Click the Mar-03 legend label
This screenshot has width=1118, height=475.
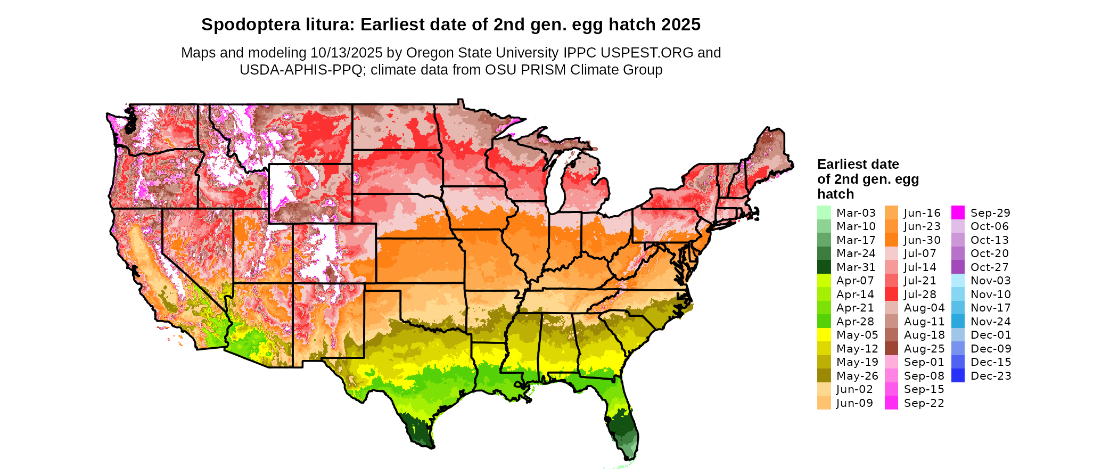point(856,213)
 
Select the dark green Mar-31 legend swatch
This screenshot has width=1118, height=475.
point(824,267)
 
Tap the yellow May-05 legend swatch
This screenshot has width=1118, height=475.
point(824,335)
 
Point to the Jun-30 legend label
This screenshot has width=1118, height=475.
point(922,240)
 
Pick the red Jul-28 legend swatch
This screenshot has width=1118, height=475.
point(891,294)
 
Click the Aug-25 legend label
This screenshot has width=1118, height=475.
point(924,349)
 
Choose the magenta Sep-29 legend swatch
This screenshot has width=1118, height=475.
point(958,213)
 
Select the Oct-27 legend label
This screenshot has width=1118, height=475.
point(990,267)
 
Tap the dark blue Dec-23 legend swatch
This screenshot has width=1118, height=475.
point(958,376)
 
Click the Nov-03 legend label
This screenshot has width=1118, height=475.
point(990,281)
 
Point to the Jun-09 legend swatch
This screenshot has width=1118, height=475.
point(824,403)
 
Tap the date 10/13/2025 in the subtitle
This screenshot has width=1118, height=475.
point(346,53)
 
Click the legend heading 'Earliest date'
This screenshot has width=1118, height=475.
point(858,164)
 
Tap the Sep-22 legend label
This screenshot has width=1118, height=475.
point(924,403)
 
